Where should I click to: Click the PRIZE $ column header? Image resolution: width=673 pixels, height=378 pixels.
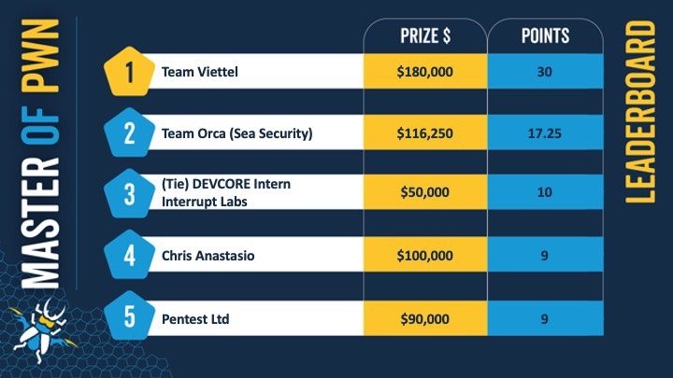click(424, 36)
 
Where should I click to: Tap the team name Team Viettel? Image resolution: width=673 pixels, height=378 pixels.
click(201, 71)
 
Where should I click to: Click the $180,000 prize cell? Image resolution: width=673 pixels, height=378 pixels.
click(424, 71)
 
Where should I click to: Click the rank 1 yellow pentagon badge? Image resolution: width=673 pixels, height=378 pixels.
click(129, 71)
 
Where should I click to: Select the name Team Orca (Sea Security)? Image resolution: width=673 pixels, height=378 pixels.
click(236, 133)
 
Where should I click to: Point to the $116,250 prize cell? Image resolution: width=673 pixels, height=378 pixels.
click(424, 133)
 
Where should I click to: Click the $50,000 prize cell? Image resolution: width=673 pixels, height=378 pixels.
click(424, 192)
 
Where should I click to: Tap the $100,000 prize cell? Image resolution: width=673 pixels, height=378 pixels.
click(424, 253)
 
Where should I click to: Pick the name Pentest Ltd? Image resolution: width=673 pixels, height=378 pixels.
click(196, 317)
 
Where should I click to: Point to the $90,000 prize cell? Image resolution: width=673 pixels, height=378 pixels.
click(424, 317)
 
